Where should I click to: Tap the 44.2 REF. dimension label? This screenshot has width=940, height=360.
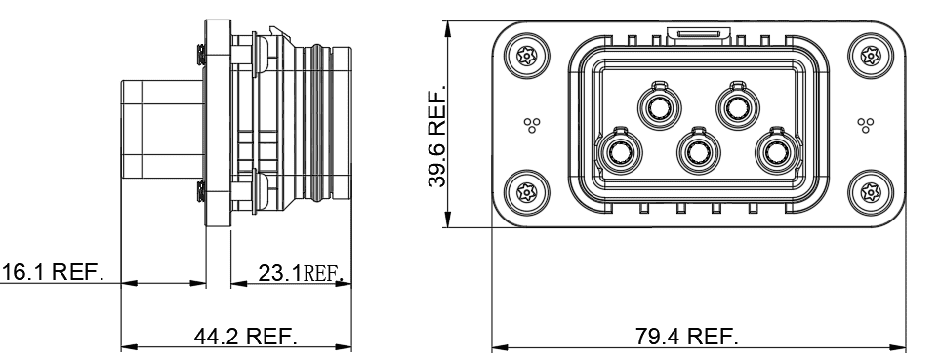coord(245,336)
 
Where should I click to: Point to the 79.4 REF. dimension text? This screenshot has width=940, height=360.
coord(686,336)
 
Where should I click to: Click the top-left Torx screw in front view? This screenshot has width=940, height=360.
coord(526,57)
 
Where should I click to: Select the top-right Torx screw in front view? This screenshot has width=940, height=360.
coord(871,57)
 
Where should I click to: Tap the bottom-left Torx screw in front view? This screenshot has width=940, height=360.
coord(526,193)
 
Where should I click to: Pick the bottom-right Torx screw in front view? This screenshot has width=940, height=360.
coord(871,193)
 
